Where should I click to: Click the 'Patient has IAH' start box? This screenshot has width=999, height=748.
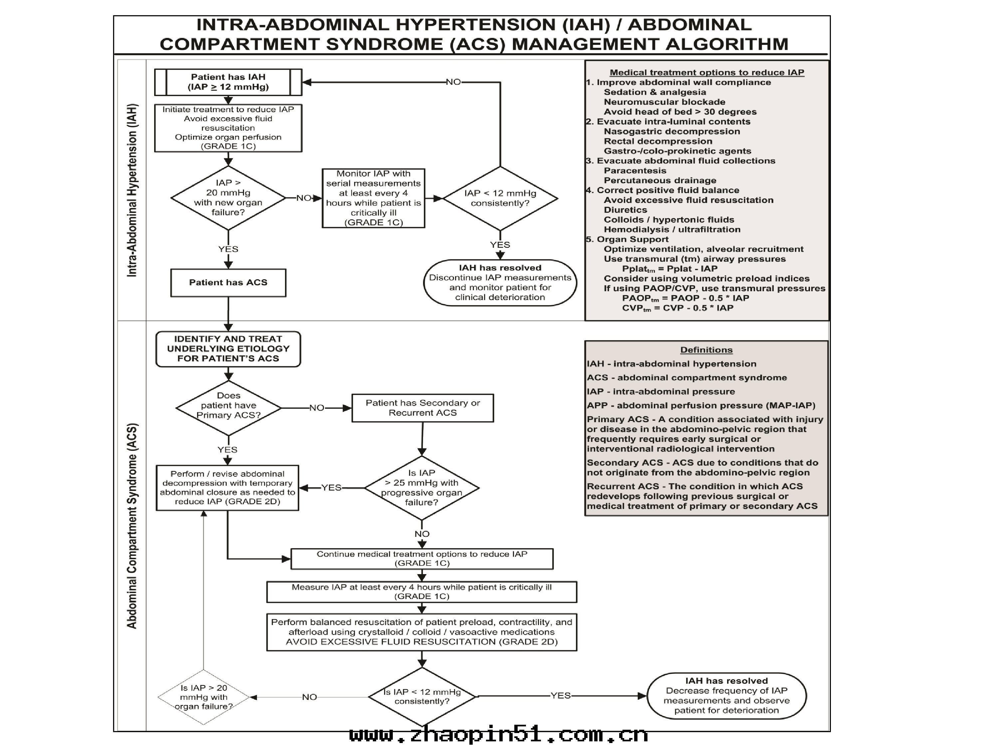(x=228, y=82)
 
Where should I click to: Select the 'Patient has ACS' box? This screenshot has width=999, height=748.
(x=228, y=283)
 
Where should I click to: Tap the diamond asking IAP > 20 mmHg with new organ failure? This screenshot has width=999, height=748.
(x=228, y=197)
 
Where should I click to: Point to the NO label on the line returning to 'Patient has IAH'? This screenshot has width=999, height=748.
(x=453, y=82)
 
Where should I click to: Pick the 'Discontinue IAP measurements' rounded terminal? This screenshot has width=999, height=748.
(x=500, y=283)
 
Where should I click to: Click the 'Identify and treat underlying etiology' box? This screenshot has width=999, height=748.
(x=228, y=349)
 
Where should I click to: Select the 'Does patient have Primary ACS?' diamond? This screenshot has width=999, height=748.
(x=228, y=407)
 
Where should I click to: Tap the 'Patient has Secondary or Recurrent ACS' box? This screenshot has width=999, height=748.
(x=422, y=408)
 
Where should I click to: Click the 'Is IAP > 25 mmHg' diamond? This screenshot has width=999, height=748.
(x=421, y=488)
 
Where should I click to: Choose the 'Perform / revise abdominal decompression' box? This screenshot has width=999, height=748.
(x=227, y=488)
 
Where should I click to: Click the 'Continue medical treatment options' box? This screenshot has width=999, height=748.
(x=422, y=559)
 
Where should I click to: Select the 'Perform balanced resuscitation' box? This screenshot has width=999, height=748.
(x=421, y=632)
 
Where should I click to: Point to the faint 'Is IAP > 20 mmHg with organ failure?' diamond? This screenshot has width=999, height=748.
(x=204, y=697)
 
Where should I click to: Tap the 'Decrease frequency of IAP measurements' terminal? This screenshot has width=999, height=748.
(x=726, y=696)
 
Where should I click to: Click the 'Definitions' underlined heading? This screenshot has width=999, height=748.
(x=706, y=350)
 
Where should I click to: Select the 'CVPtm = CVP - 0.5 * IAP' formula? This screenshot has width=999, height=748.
(x=677, y=308)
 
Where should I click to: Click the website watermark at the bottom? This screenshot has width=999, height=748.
(x=499, y=735)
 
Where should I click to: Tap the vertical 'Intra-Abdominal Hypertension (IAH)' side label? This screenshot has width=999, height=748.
(x=131, y=190)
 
